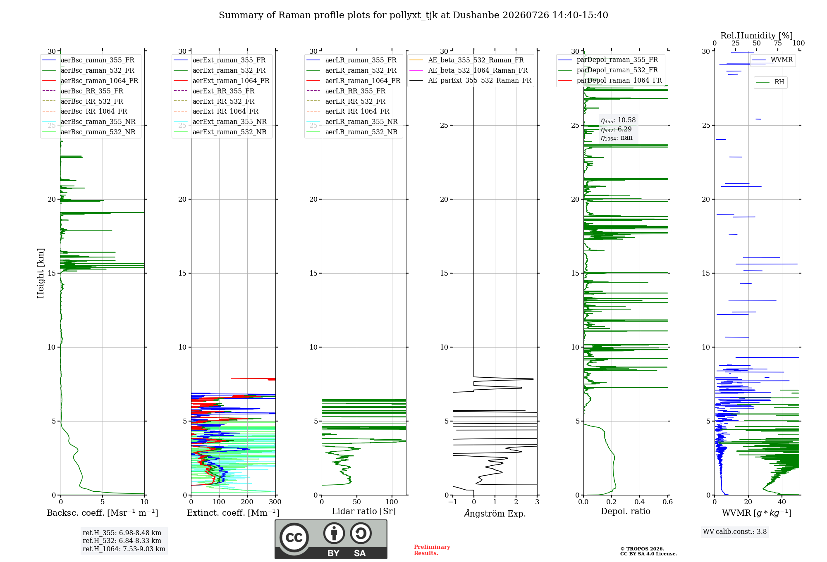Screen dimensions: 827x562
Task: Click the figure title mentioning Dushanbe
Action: (413, 15)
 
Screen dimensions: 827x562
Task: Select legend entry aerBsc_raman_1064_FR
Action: (99, 81)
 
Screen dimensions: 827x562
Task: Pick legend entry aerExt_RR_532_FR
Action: (223, 101)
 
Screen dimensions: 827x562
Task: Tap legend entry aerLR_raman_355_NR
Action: (361, 122)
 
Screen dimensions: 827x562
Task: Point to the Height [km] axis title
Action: (41, 273)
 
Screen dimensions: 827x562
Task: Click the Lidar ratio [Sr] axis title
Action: (364, 512)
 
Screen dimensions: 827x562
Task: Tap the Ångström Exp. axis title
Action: (495, 513)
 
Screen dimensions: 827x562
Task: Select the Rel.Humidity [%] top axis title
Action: (757, 36)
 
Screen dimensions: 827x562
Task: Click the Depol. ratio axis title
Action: (626, 512)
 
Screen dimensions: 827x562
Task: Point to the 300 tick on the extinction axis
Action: (275, 502)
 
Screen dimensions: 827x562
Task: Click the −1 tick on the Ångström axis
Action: (453, 502)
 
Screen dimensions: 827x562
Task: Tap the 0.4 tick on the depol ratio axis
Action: (640, 502)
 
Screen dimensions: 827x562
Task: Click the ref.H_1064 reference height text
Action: (124, 549)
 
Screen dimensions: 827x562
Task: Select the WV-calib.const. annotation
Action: (735, 532)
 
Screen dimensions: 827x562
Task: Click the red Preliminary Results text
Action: (432, 550)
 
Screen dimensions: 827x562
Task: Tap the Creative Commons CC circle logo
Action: (294, 538)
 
